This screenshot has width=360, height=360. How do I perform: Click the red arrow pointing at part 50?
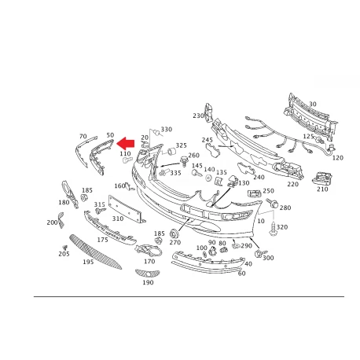click(x=126, y=144)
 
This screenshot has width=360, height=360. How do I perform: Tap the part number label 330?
click(x=167, y=130)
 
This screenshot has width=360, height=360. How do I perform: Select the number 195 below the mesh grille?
click(x=88, y=262)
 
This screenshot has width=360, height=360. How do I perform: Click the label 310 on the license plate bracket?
click(x=118, y=219)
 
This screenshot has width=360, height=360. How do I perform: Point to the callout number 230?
click(x=198, y=116)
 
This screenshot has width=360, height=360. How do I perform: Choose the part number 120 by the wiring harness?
click(x=338, y=158)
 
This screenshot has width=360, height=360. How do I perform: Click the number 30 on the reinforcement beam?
click(x=313, y=104)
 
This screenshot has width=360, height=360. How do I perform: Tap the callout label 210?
click(x=322, y=189)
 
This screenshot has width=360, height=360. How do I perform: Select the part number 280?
click(x=285, y=208)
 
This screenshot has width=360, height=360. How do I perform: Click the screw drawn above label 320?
click(x=273, y=229)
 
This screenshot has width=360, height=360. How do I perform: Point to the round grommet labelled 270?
click(x=174, y=233)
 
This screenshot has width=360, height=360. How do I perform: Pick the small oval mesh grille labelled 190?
click(x=147, y=274)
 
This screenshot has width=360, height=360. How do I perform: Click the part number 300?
click(x=268, y=258)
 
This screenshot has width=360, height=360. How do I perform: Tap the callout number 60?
click(x=241, y=274)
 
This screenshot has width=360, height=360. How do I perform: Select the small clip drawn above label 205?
click(x=64, y=248)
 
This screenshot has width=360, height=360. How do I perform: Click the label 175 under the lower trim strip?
click(x=102, y=240)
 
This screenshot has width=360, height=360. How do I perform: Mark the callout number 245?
click(x=208, y=140)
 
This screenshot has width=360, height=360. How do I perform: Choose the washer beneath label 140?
click(x=209, y=178)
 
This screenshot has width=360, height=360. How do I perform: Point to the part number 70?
click(x=83, y=136)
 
